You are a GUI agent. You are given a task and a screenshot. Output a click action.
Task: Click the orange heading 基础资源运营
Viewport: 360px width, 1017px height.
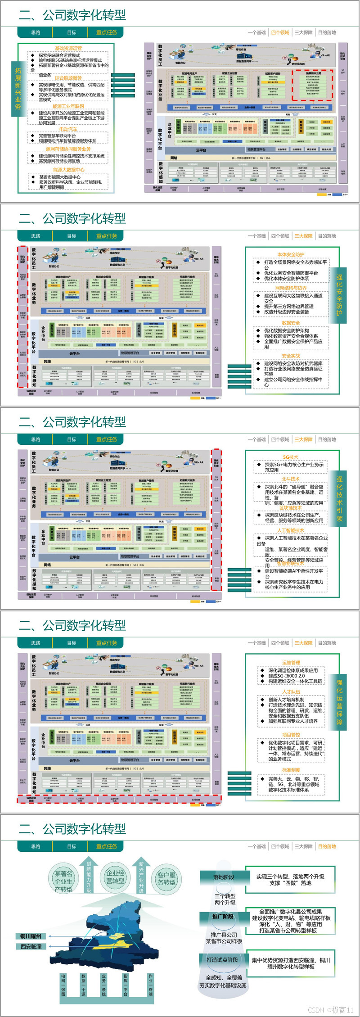[x=68, y=48]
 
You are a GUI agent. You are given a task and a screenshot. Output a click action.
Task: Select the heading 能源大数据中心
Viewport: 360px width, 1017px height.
[x=68, y=170]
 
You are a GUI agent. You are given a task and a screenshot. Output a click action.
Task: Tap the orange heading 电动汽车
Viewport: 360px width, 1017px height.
[x=68, y=130]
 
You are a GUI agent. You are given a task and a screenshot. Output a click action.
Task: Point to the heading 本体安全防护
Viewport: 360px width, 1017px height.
[x=291, y=254]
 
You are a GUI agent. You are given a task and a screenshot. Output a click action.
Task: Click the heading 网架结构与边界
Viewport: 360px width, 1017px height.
[x=291, y=288]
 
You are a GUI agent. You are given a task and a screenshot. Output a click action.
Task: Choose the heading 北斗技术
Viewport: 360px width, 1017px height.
[x=291, y=479]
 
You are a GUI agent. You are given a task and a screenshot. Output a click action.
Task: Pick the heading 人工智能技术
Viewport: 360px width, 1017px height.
[x=291, y=530]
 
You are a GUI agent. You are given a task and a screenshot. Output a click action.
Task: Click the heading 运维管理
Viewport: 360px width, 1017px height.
[x=291, y=663]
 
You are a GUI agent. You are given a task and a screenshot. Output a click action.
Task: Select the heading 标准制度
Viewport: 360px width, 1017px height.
[x=291, y=770]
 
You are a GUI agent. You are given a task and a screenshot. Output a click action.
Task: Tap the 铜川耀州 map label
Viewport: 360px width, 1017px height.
[x=31, y=936]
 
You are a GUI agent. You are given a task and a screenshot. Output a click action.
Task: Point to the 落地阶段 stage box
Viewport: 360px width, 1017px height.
[x=224, y=877]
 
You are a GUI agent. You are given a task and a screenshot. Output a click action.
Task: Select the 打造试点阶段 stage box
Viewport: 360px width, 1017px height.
[x=222, y=959]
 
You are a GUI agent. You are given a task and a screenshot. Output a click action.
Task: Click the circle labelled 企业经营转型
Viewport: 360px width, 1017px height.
[x=115, y=877]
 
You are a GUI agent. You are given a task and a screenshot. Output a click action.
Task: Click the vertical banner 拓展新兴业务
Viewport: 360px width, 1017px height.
[x=18, y=88]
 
